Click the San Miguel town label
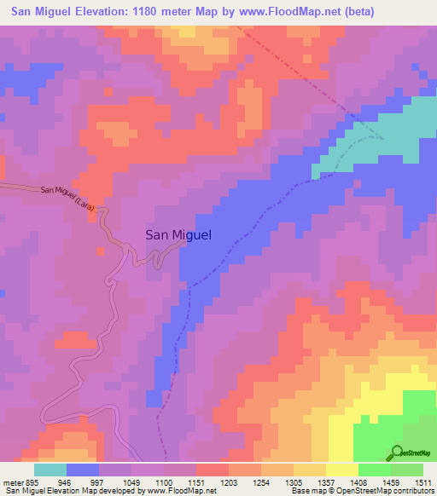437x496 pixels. (178, 235)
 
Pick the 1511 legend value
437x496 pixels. (423, 482)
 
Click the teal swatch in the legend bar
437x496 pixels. (50, 470)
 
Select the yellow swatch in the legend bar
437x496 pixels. (342, 470)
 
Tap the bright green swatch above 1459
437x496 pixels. (375, 470)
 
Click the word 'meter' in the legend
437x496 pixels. (10, 482)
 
